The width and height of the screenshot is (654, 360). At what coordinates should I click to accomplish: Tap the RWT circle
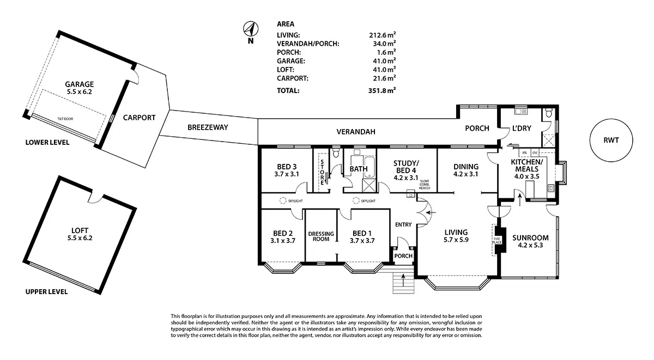coord(611,140)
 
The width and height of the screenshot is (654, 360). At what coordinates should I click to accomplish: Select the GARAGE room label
coord(80,84)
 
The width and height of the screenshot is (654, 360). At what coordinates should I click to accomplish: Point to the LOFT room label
coord(79,230)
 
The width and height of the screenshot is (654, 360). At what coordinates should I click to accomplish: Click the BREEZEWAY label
coord(208,127)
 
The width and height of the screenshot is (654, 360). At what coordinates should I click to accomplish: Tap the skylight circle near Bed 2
coord(283,201)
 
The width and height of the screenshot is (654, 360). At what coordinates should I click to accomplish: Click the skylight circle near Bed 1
coord(356,201)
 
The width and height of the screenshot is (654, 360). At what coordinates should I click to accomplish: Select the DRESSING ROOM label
coord(321,236)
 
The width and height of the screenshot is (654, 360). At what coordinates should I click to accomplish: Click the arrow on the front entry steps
coord(403,280)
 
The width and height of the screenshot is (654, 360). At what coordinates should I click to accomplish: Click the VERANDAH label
coord(356,131)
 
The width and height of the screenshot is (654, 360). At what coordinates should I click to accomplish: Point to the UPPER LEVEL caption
coord(46,292)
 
